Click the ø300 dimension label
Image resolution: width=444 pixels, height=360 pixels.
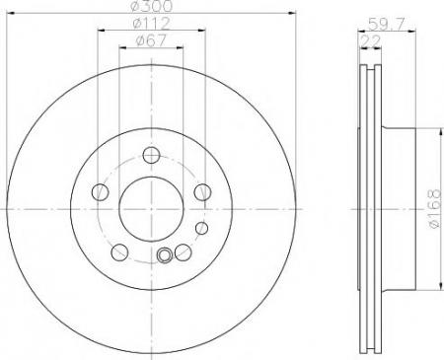pyautogui.click(x=152, y=6)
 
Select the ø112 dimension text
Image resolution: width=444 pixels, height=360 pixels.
pyautogui.click(x=151, y=24)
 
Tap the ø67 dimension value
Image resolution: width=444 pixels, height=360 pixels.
pyautogui.click(x=151, y=40)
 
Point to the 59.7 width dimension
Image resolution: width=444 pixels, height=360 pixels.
pyautogui.click(x=387, y=24)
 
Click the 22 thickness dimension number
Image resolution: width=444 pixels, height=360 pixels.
pyautogui.click(x=371, y=41)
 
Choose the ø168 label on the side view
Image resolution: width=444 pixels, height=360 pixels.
pyautogui.click(x=435, y=208)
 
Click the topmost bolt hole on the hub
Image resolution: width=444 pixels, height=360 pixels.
pyautogui.click(x=151, y=155)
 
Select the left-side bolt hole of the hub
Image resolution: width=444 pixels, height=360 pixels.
pyautogui.click(x=100, y=192)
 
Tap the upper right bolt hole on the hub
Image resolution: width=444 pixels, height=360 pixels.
pyautogui.click(x=202, y=192)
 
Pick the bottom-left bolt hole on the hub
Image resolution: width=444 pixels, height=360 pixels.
pyautogui.click(x=119, y=252)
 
